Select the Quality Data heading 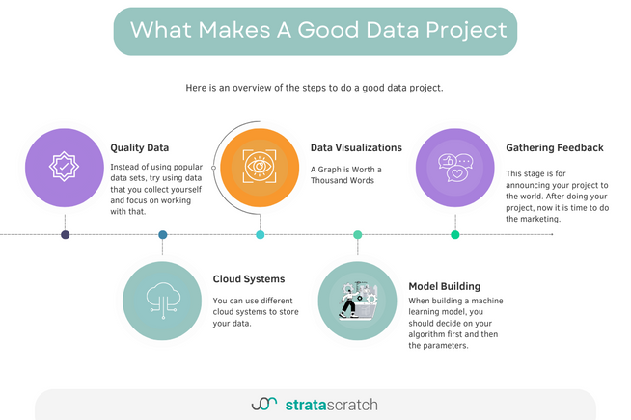pos(140,148)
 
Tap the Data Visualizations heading pos(356,148)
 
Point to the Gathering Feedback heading pos(555,148)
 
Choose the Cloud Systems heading pos(249,279)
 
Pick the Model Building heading pos(445,286)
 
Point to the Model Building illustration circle pos(357,301)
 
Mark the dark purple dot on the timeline pos(65,234)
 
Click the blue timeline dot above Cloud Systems pos(162,234)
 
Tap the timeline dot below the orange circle pos(261,234)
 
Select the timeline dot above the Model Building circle pos(357,234)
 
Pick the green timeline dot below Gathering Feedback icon pos(454,234)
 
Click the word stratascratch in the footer pos(332,405)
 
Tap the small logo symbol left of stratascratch pos(263,405)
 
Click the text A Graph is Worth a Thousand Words pos(346,175)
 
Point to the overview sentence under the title pos(315,88)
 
